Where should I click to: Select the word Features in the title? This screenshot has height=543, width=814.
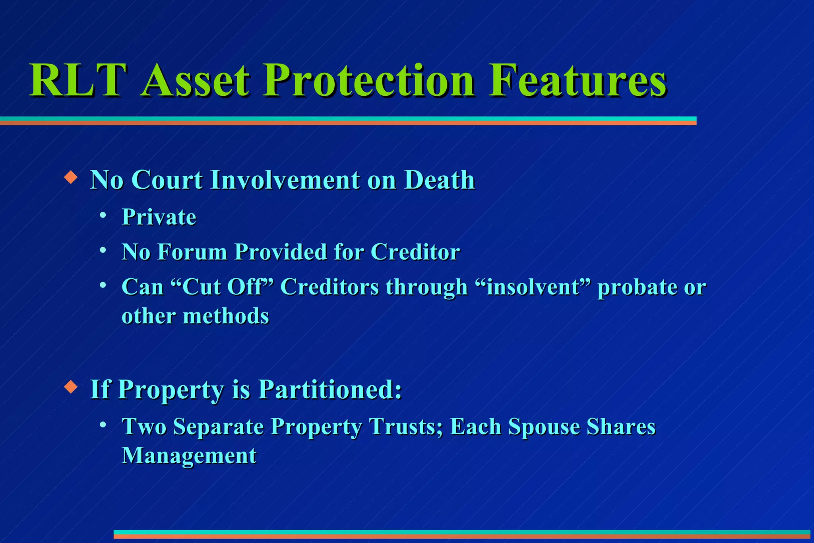[x=577, y=80]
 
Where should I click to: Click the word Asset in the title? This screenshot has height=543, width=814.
[x=195, y=80]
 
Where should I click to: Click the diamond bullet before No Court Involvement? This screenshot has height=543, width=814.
[x=71, y=177]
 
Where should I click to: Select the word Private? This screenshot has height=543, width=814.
[x=159, y=217]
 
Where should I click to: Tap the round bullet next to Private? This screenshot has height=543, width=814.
[x=103, y=215]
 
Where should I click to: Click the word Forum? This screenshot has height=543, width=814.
[x=192, y=252]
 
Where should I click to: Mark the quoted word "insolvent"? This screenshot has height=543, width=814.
[x=533, y=287]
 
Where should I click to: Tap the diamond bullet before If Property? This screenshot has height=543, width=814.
[x=71, y=386]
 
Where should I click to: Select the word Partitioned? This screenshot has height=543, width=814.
[x=330, y=389]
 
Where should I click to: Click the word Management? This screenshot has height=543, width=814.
[x=189, y=456]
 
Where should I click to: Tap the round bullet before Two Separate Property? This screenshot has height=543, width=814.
[x=103, y=425]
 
